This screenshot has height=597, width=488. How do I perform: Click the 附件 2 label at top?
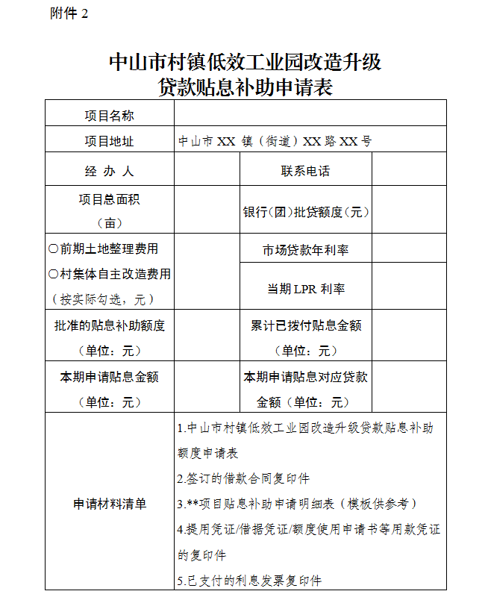click(69, 14)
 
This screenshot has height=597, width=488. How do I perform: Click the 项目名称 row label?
click(109, 115)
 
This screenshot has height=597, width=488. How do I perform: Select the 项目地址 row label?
click(109, 141)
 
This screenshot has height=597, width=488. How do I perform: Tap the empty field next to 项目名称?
click(310, 114)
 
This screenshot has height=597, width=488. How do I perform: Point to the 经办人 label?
click(109, 171)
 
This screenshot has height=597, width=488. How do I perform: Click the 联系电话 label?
click(305, 171)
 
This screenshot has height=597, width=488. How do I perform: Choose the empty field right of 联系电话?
click(409, 171)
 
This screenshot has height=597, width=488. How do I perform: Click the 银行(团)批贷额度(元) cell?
click(305, 212)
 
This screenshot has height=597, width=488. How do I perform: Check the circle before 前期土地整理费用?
click(53, 249)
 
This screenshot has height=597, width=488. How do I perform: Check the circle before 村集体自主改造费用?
click(53, 274)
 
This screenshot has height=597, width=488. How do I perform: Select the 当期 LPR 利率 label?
click(305, 289)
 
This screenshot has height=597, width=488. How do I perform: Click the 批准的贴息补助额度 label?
click(109, 325)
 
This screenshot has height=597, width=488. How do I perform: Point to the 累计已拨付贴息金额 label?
click(305, 325)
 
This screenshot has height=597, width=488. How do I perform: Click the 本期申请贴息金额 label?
click(109, 377)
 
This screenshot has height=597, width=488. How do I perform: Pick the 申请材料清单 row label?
click(109, 504)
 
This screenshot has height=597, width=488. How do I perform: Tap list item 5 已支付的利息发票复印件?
click(249, 580)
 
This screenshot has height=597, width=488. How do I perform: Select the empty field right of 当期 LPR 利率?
click(409, 289)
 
